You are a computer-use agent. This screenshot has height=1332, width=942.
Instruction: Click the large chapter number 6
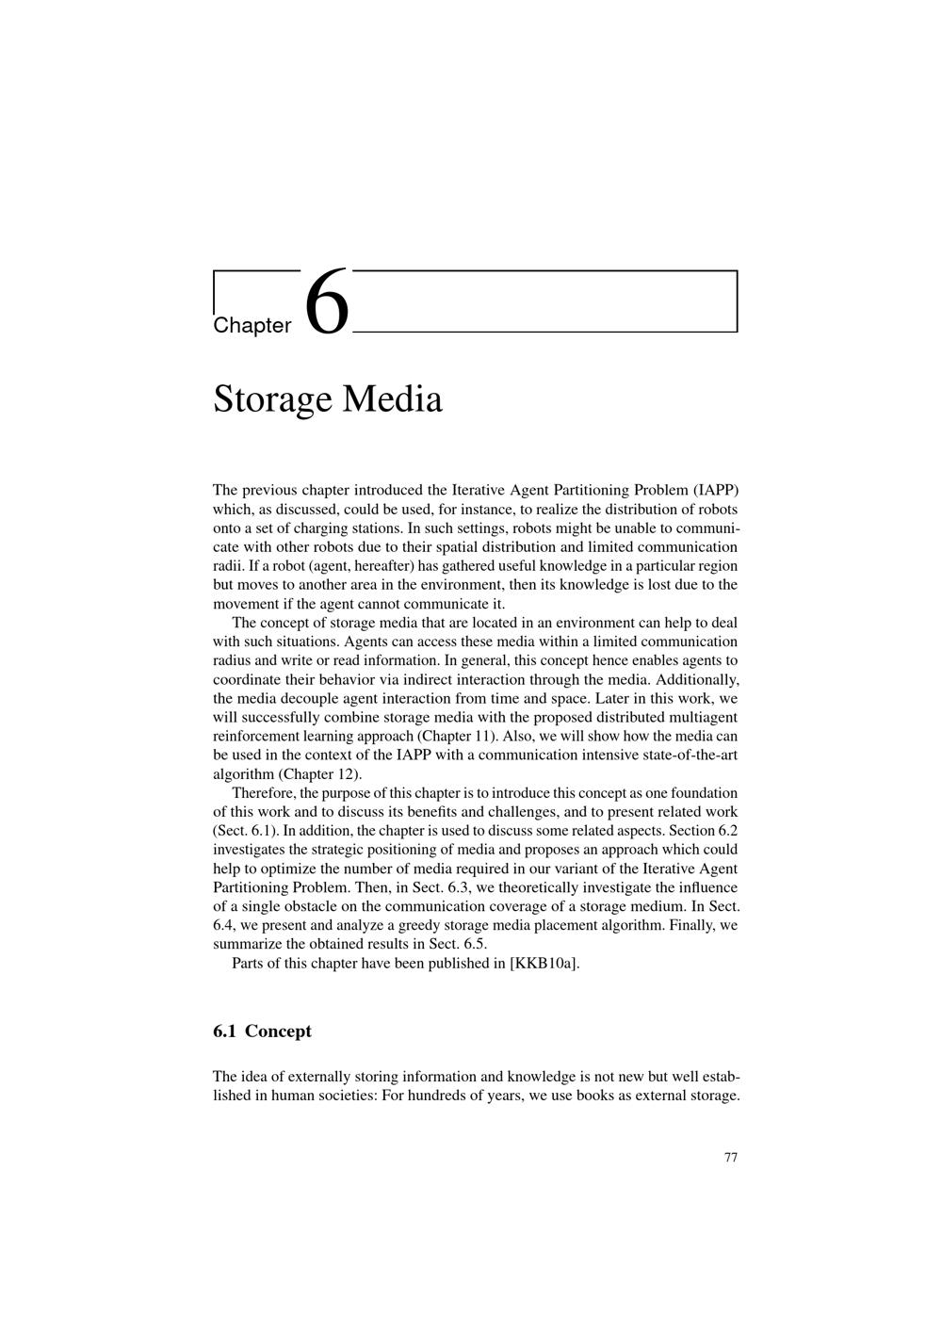[x=327, y=301]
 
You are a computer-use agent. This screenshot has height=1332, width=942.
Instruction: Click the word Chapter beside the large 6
[x=252, y=326]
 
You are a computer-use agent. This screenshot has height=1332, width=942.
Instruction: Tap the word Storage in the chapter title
[x=273, y=399]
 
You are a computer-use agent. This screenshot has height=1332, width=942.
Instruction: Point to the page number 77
[x=731, y=1158]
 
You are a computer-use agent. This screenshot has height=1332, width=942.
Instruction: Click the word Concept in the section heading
[x=278, y=1031]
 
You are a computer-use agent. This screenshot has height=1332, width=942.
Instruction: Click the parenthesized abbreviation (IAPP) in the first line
[x=716, y=490]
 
